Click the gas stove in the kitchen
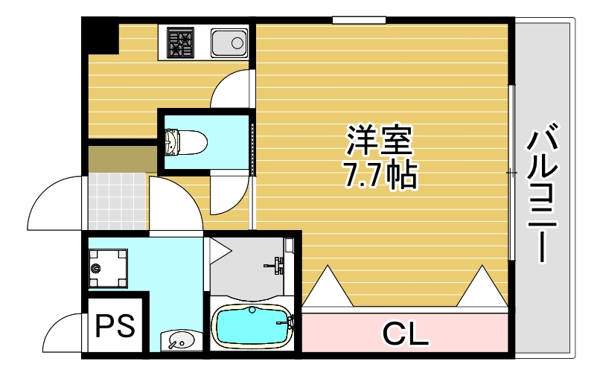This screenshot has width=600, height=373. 180,42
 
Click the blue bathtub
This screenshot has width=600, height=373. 251,325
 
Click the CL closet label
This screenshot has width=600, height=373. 405,332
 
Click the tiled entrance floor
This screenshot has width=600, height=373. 117,200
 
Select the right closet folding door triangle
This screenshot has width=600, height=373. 482,287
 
